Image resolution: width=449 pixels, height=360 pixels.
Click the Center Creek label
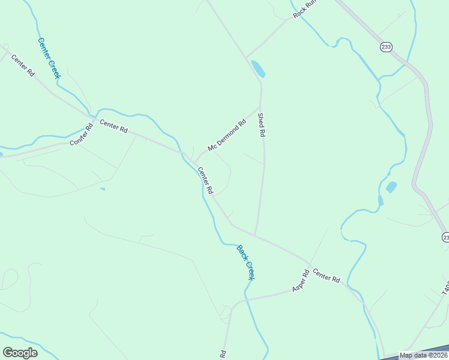click(49, 58)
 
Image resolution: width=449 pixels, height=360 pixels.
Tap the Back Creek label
click(246, 262)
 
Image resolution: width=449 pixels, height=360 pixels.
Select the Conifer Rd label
click(82, 134)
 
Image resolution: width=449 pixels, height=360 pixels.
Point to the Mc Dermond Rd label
click(227, 136)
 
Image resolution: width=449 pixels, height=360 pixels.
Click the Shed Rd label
click(261, 125)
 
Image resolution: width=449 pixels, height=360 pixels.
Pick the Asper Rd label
click(300, 281)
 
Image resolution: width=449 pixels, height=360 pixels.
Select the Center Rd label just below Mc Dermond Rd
click(206, 180)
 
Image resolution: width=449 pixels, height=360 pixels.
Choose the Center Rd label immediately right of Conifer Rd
click(114, 127)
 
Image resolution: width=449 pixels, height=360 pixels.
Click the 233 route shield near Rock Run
click(385, 46)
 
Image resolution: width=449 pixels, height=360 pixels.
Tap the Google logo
click(20, 352)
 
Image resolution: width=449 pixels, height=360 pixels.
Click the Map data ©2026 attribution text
click(423, 355)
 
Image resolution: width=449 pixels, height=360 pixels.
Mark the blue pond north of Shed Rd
click(258, 69)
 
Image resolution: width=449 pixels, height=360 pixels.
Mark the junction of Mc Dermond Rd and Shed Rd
click(260, 108)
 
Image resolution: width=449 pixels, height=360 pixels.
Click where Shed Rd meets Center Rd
click(255, 235)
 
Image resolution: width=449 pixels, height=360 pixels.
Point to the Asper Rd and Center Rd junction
click(310, 265)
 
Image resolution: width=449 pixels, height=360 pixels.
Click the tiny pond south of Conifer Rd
click(103, 189)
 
